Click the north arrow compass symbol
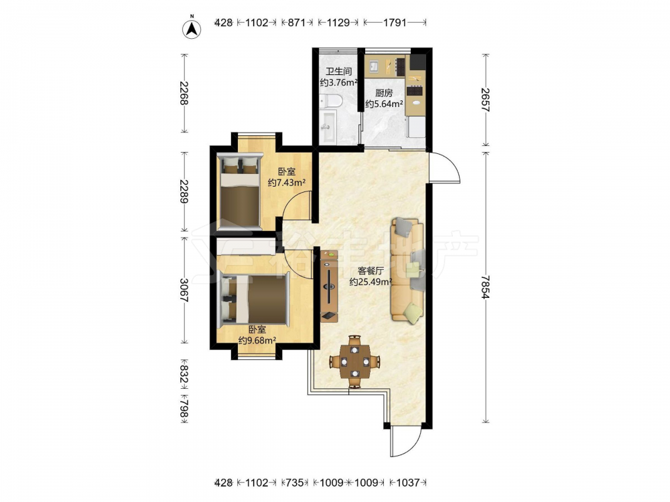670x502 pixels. tap(192, 28)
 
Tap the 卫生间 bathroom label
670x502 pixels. tap(338, 72)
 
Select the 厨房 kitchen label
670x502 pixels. tap(384, 93)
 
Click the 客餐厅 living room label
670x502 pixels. tap(371, 270)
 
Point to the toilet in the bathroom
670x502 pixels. tap(331, 101)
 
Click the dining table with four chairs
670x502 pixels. tap(354, 361)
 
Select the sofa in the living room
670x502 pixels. tap(407, 269)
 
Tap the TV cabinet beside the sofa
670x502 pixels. tap(329, 286)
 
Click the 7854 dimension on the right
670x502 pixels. tap(485, 287)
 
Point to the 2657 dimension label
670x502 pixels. tap(485, 100)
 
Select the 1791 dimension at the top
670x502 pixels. tap(395, 23)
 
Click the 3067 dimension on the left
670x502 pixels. tap(184, 290)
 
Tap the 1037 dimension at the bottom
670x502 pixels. tap(408, 483)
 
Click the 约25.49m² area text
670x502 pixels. tap(371, 282)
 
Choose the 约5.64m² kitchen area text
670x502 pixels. tap(385, 104)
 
